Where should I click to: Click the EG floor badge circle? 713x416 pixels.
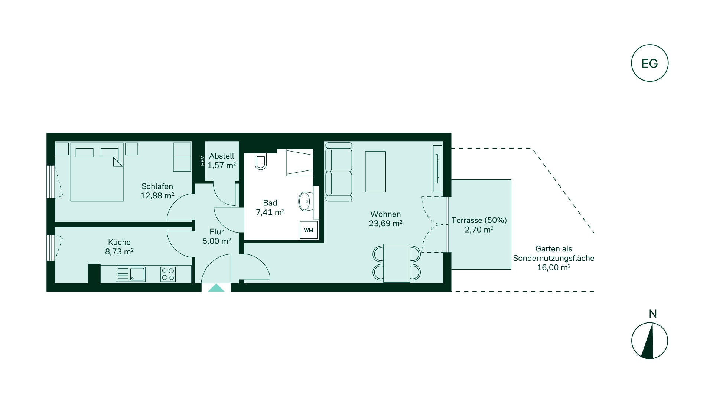pos(649,45)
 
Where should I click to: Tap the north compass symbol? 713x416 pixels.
pos(649,341)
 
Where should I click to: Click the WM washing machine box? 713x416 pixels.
pos(309,230)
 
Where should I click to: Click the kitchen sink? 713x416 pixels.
pos(131,274)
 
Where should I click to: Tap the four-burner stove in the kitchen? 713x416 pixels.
pos(168,274)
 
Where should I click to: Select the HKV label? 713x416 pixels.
pos(202,160)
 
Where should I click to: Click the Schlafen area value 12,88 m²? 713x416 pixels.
pos(157,195)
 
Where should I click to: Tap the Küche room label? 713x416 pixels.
pos(120,242)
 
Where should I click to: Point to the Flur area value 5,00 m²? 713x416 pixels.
pos(217,241)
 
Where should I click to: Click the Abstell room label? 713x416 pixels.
pos(222,156)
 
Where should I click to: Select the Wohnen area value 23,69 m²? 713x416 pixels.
pos(385,223)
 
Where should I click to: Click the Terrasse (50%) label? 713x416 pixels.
pos(479,220)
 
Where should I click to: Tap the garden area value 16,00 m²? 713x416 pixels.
pos(554,267)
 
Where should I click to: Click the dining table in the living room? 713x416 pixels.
pos(397,263)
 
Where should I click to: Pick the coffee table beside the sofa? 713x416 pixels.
pos(375,172)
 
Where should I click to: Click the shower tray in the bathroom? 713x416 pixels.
pos(300,162)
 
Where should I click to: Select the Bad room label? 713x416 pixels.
pos(270,203)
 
